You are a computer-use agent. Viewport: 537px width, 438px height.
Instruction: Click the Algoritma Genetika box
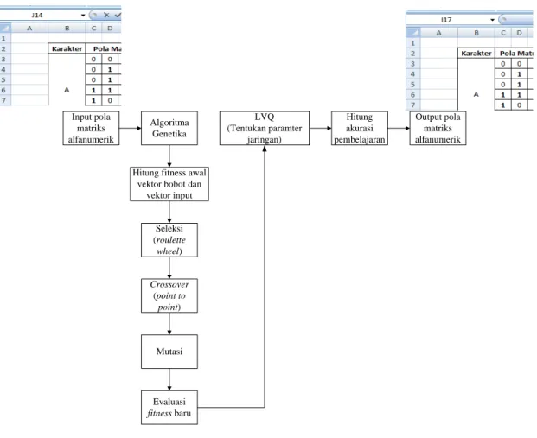tap(169, 128)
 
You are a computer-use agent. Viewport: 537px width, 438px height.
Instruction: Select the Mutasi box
tap(169, 352)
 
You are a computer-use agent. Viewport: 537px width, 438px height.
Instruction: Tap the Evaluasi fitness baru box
tap(169, 408)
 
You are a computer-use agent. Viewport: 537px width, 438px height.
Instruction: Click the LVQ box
tap(265, 128)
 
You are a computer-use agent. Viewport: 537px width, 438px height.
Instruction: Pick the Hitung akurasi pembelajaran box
tap(360, 128)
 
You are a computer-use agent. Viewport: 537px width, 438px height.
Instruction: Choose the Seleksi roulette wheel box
tap(169, 240)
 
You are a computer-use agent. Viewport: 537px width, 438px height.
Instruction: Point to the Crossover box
tap(169, 295)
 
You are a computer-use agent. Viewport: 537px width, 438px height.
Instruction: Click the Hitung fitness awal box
tap(169, 184)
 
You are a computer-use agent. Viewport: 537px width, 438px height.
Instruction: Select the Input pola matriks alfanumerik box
tap(91, 128)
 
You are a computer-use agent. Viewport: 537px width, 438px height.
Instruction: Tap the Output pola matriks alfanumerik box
tap(438, 128)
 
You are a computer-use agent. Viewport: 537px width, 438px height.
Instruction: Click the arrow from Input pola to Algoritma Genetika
tap(130, 129)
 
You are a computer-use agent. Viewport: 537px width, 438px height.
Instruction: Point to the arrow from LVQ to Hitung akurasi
tap(320, 129)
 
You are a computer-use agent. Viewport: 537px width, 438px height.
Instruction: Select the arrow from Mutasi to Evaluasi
tap(169, 379)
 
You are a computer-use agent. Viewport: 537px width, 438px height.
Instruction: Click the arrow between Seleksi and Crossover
tap(169, 268)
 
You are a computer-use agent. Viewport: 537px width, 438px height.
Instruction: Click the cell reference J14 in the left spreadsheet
tap(37, 15)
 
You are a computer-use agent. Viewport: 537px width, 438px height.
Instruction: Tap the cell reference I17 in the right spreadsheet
tap(446, 20)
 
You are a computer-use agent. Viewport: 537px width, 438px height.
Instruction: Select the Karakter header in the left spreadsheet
tap(67, 48)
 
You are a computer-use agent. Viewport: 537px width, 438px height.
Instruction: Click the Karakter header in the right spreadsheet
tap(476, 54)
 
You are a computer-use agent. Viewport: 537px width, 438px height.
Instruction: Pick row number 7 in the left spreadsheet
tap(3, 100)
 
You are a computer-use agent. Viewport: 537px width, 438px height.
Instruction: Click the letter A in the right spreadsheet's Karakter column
tap(476, 94)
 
